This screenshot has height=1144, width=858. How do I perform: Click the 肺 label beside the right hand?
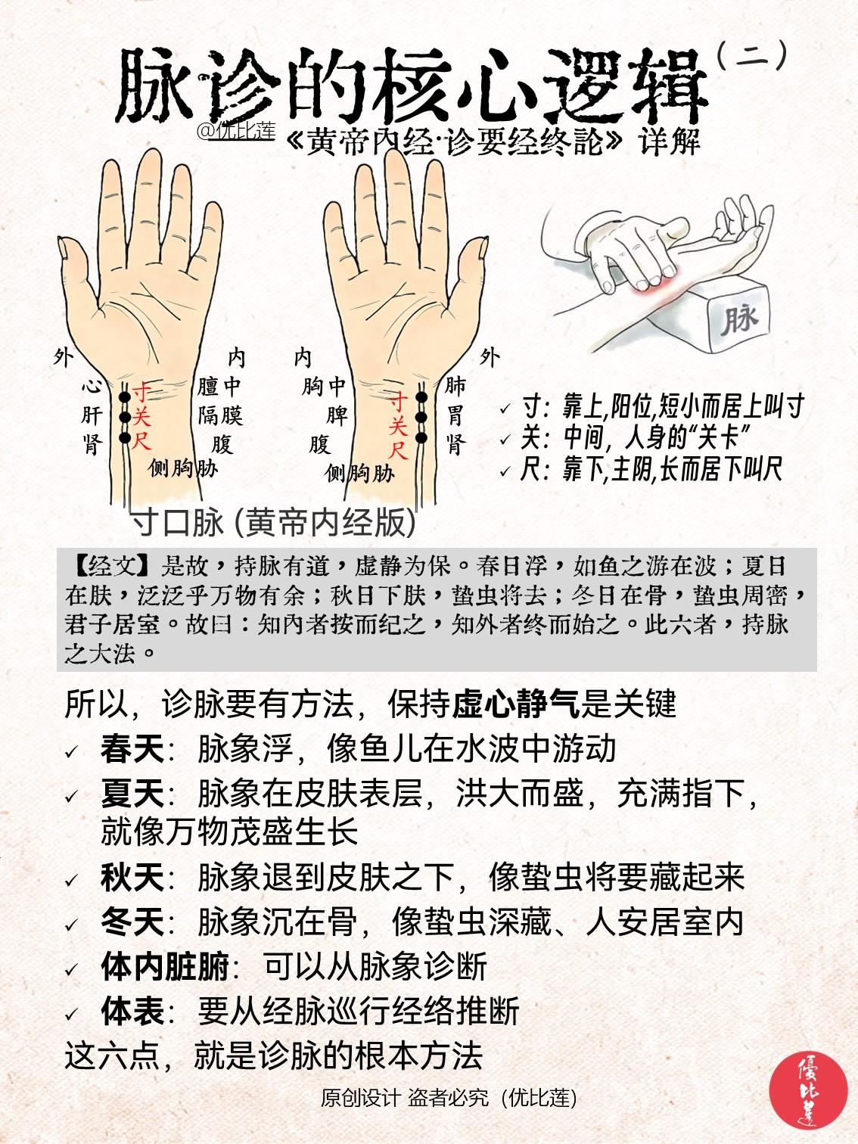[x=455, y=387]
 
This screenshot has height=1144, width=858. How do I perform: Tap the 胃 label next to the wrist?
[x=455, y=415]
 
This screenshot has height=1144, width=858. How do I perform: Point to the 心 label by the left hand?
[x=92, y=387]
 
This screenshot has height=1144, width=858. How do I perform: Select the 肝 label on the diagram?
[x=92, y=415]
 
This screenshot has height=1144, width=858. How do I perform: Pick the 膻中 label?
[x=219, y=387]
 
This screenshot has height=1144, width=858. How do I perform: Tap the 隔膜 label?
[x=219, y=415]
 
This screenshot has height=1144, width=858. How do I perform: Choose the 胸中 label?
[x=324, y=387]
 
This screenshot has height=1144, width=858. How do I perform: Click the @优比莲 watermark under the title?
[x=235, y=131]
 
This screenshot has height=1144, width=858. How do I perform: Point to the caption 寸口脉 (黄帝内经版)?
[x=273, y=522]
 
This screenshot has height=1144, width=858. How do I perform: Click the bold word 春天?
[x=132, y=750]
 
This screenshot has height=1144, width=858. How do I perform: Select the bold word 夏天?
[x=132, y=794]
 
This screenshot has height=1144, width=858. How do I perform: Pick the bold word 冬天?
[x=132, y=922]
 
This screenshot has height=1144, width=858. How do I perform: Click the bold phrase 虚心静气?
[x=515, y=704]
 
